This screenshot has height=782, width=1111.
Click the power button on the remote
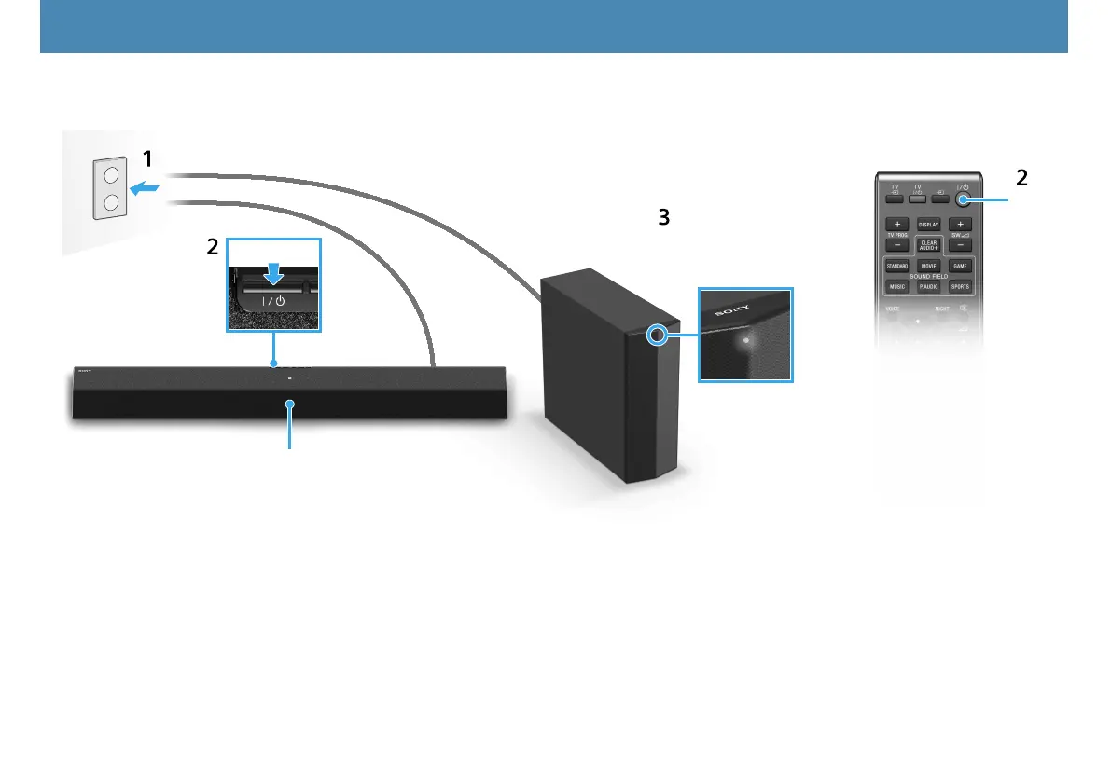coord(963,199)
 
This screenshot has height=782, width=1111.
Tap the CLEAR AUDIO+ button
coord(928,244)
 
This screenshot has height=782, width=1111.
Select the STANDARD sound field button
coord(897,266)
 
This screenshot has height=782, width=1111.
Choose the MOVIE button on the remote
coord(928,266)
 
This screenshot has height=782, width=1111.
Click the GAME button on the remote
coord(960,266)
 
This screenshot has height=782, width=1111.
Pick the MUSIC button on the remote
coord(897,287)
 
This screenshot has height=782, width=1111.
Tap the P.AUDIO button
coord(928,287)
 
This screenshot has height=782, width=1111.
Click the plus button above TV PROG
coord(896,225)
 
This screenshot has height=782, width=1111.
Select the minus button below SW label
coord(960,247)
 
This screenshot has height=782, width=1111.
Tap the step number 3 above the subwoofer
coord(663,217)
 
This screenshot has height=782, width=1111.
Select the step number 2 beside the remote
coord(1022,178)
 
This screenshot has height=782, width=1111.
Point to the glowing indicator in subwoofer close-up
coord(744,339)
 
